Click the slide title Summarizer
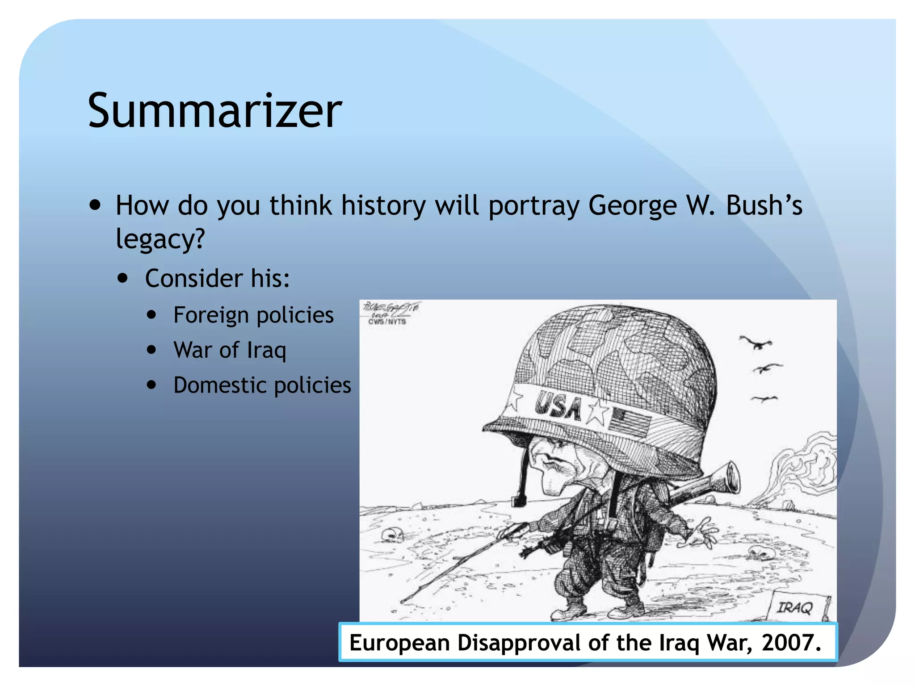pyautogui.click(x=215, y=110)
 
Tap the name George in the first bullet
pyautogui.click(x=633, y=206)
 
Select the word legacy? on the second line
pyautogui.click(x=160, y=239)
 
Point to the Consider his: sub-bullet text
pyautogui.click(x=218, y=279)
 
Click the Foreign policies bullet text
pyautogui.click(x=253, y=315)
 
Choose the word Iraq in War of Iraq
pyautogui.click(x=266, y=350)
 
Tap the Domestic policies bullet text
pyautogui.click(x=262, y=385)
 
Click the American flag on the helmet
pyautogui.click(x=630, y=422)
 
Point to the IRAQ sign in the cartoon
pyautogui.click(x=796, y=607)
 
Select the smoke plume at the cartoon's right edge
pyautogui.click(x=804, y=469)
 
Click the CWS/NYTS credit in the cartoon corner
pyautogui.click(x=387, y=322)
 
